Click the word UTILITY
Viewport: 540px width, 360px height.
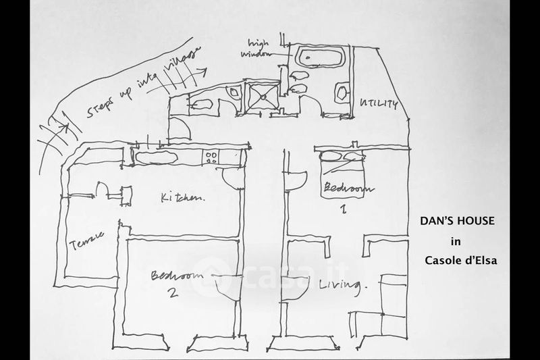[379, 105]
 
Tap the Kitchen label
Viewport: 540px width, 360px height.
[182, 197]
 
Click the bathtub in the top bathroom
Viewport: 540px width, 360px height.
[317, 57]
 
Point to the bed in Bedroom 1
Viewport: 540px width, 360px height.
[344, 163]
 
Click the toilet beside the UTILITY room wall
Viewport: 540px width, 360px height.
[342, 91]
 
